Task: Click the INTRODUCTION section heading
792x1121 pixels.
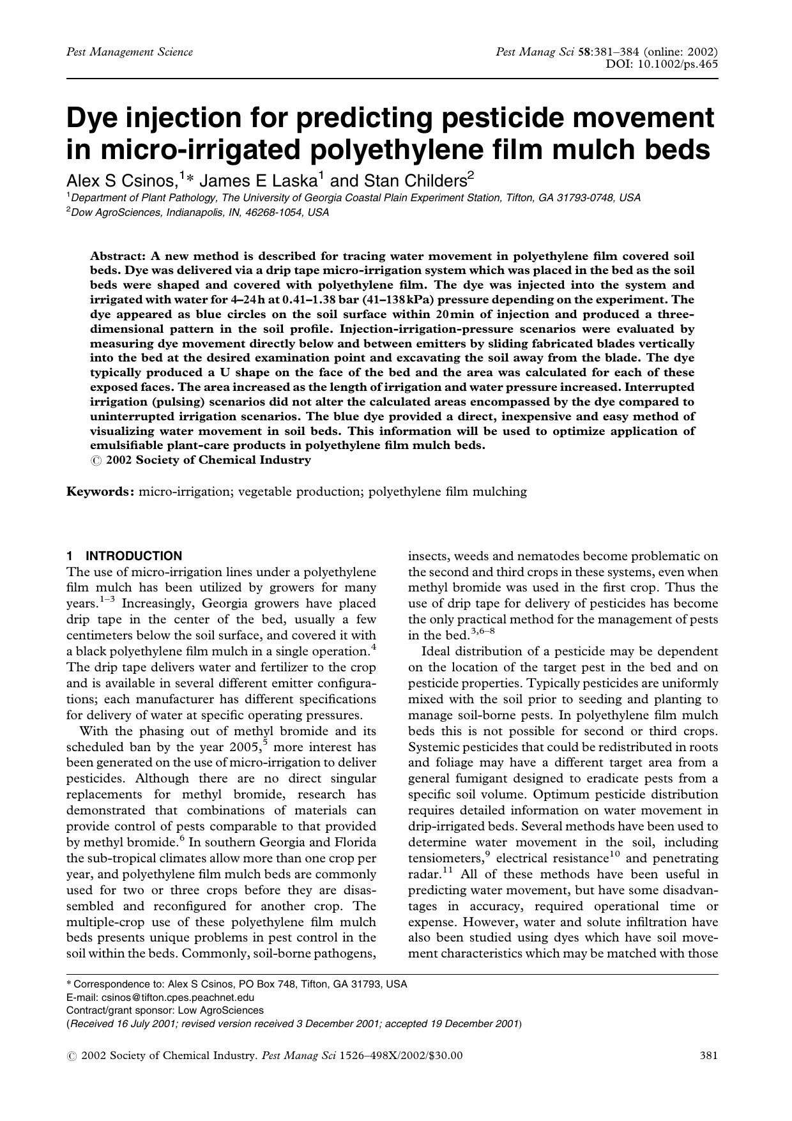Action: point(133,556)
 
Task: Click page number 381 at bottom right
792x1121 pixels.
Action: point(709,1055)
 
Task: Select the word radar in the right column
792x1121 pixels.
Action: point(422,874)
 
